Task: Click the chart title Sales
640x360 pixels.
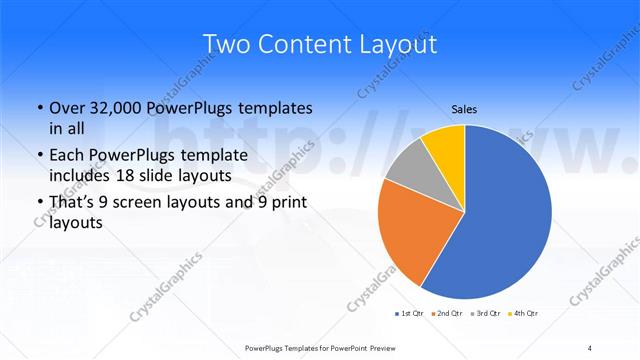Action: tap(464, 108)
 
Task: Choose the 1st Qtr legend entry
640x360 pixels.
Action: tap(409, 314)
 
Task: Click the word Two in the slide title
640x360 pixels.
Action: tap(225, 44)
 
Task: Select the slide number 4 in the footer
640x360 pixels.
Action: tap(590, 347)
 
